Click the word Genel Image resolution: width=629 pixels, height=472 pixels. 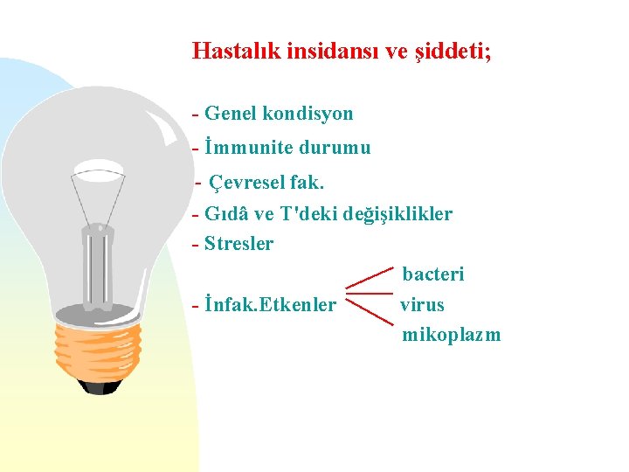pyautogui.click(x=231, y=114)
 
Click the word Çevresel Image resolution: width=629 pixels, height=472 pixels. pyautogui.click(x=251, y=184)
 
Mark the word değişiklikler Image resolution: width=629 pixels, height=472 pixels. pyautogui.click(x=399, y=214)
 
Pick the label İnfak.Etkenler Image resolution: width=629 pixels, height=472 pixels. pyautogui.click(x=269, y=305)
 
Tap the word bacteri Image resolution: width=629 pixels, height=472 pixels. pyautogui.click(x=433, y=274)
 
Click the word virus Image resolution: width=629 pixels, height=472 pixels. pyautogui.click(x=422, y=305)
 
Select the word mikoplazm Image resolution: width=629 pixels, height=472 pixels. pyautogui.click(x=452, y=335)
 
